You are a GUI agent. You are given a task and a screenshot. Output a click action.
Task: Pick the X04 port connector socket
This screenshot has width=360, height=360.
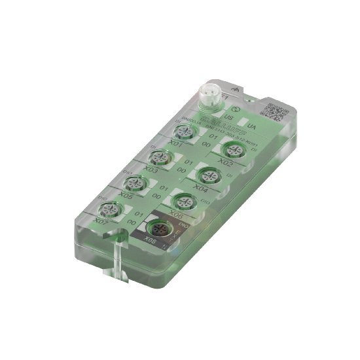pos(209,175)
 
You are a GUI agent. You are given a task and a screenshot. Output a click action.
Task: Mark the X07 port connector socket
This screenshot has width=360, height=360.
pos(108,209)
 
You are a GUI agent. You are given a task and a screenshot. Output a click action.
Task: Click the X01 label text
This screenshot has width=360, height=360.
pos(175,144)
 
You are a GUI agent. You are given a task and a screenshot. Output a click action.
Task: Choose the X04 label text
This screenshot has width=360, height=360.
pos(202,189)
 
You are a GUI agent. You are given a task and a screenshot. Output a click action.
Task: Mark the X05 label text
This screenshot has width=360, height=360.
pos(127,195)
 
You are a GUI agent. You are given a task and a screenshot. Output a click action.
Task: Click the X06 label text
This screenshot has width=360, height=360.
pos(175,214)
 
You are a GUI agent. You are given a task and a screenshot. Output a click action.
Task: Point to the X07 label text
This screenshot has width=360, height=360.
pos(101,222)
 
